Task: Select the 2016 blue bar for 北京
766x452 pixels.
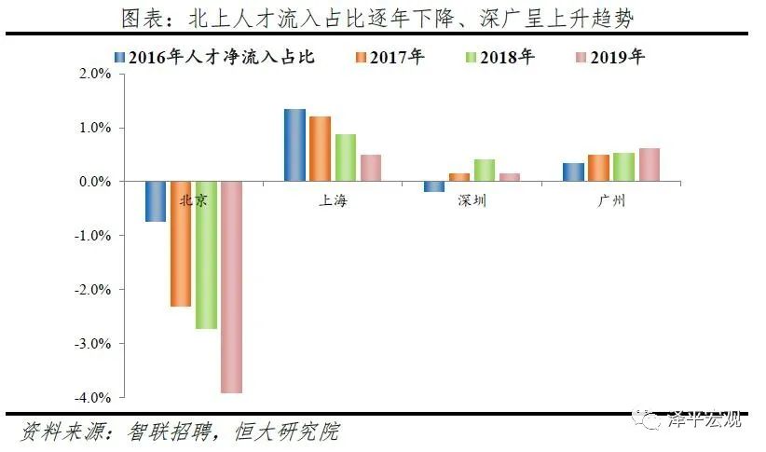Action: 156,201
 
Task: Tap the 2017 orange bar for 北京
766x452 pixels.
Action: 181,244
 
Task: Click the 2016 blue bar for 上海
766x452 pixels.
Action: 294,145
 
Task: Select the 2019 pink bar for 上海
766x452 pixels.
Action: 371,168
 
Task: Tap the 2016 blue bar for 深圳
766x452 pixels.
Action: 434,186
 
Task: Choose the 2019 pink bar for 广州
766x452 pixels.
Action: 650,165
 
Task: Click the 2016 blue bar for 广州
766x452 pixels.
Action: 574,172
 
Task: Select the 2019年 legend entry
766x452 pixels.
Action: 614,57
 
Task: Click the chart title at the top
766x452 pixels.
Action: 382,18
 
